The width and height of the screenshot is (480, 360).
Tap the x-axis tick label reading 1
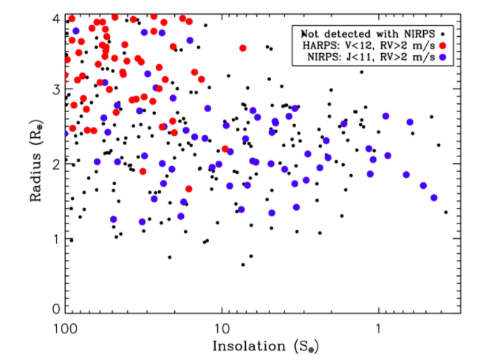pyautogui.click(x=379, y=326)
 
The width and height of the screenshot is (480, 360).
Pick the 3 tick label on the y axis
pyautogui.click(x=55, y=89)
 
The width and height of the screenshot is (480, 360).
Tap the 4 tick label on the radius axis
pyautogui.click(x=55, y=17)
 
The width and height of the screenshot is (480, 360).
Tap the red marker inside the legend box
pyautogui.click(x=442, y=45)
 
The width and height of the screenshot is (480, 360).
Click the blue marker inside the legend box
pyautogui.click(x=442, y=57)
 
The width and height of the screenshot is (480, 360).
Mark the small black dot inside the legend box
pyautogui.click(x=442, y=34)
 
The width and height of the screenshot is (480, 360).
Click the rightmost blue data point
pyautogui.click(x=434, y=198)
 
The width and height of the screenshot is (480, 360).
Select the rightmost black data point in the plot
pyautogui.click(x=446, y=212)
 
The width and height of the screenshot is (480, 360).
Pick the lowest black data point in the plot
pyautogui.click(x=243, y=264)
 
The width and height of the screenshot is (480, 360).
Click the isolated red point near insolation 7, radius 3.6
pyautogui.click(x=243, y=48)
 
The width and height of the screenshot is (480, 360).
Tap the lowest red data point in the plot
pyautogui.click(x=188, y=189)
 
